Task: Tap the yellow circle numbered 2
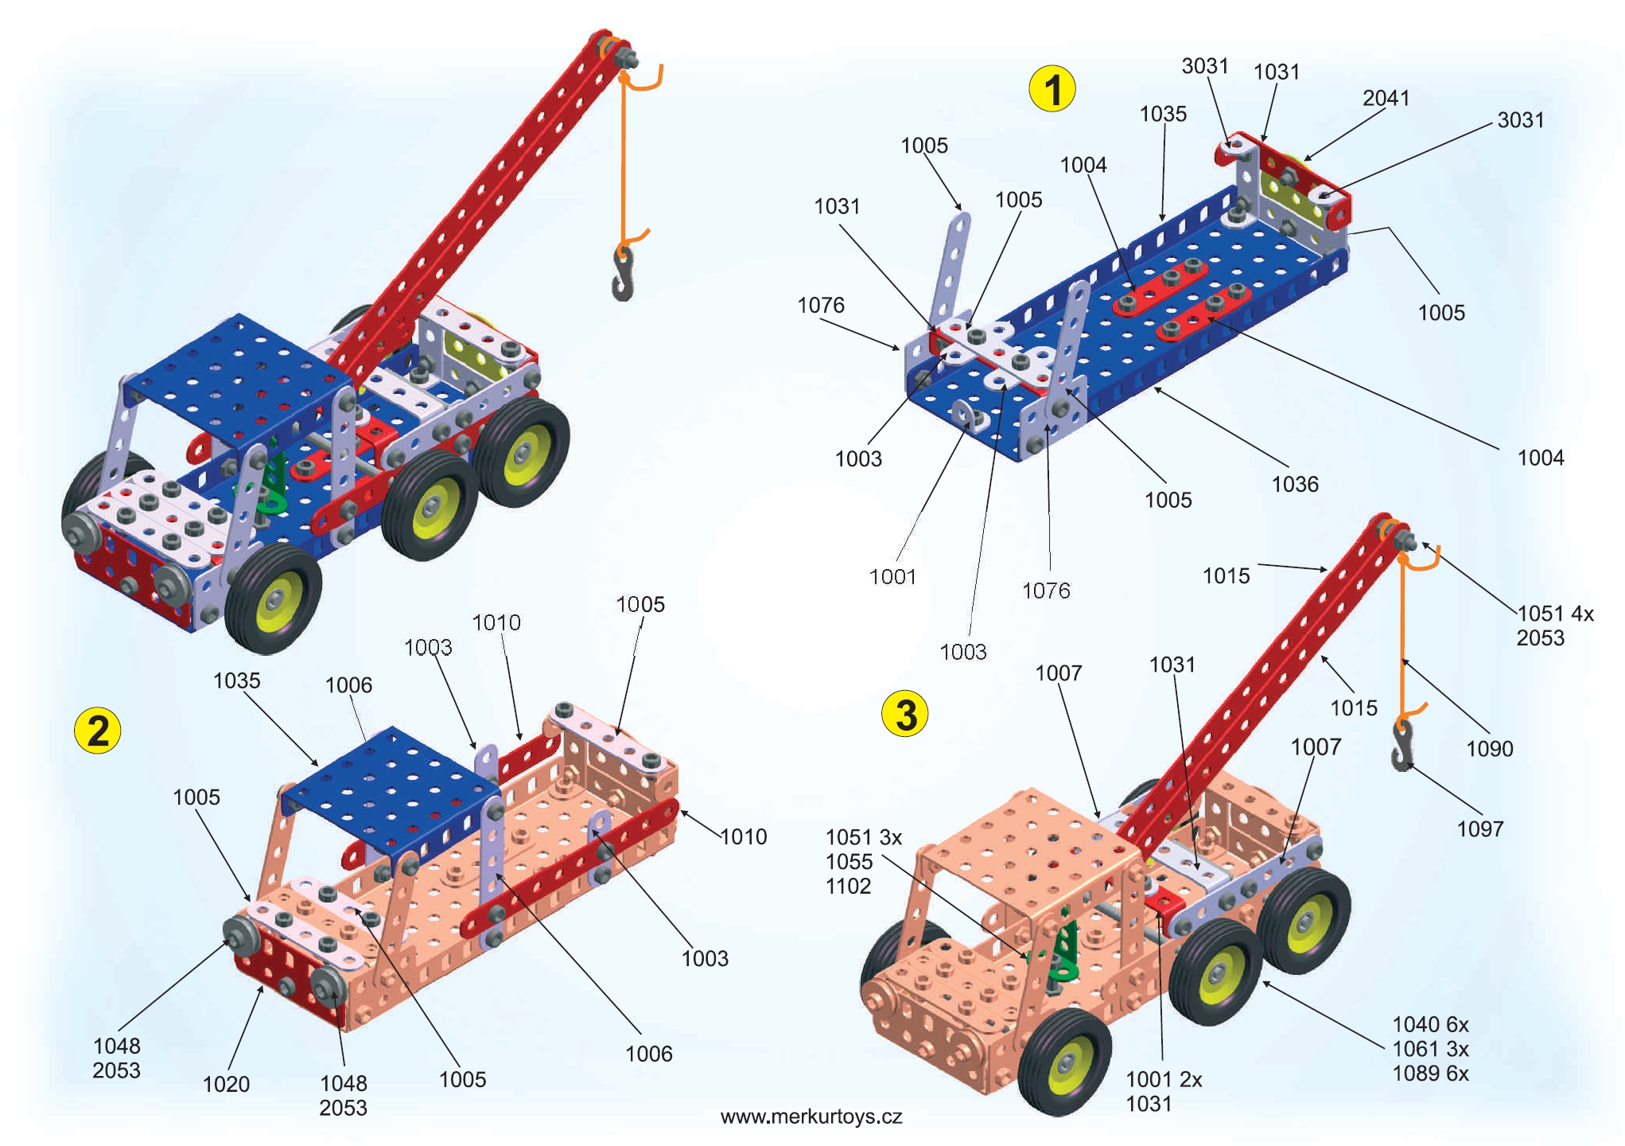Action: [x=97, y=730]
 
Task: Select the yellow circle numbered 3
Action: [x=905, y=714]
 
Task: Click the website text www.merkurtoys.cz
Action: [x=811, y=1117]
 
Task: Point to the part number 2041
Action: [x=1386, y=98]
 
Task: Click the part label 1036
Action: [x=1294, y=484]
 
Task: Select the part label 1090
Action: [x=1489, y=748]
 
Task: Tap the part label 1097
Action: [x=1479, y=828]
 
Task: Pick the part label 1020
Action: [x=226, y=1084]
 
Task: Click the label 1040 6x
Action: [x=1430, y=1024]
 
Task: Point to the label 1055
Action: [x=849, y=861]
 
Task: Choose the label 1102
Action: [x=848, y=886]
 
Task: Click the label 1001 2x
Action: [x=1164, y=1079]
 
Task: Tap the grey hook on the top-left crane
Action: [x=623, y=274]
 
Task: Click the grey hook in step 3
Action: [x=1402, y=745]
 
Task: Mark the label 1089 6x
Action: [x=1430, y=1074]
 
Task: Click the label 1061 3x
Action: [x=1430, y=1049]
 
